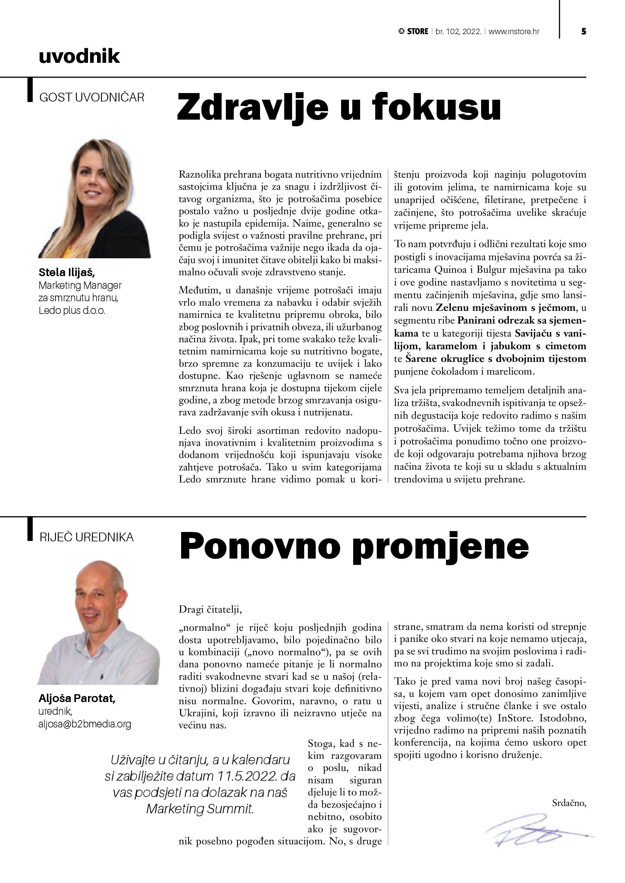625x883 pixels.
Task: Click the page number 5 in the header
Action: click(584, 31)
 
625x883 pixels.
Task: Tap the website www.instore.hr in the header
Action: click(514, 31)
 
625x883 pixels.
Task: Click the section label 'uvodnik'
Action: click(79, 56)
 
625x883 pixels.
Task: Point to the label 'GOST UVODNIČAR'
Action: click(92, 97)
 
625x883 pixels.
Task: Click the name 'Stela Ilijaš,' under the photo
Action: click(67, 273)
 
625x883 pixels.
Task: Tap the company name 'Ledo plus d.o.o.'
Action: click(72, 310)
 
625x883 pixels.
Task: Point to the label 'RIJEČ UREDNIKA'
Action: click(86, 537)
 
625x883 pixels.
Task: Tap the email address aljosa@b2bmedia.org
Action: click(85, 724)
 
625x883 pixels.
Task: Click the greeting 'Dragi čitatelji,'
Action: click(210, 610)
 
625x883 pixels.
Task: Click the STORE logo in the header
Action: click(413, 31)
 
